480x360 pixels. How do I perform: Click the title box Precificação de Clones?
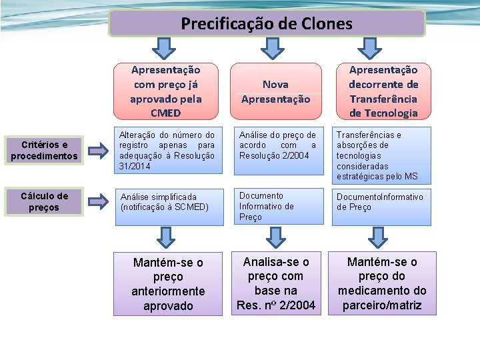267,24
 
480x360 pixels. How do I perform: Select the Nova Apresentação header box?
275,92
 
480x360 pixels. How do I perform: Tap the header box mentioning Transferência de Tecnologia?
383,91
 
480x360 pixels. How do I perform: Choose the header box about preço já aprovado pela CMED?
165,91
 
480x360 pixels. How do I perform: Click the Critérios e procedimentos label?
44,151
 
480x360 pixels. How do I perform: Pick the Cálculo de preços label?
44,202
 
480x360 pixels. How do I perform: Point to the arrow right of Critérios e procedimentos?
97,151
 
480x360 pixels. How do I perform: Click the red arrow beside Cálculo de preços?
97,200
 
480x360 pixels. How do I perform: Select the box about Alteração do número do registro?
167,150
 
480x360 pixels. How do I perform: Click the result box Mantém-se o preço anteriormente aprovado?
168,284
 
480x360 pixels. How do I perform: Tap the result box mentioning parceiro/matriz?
382,283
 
